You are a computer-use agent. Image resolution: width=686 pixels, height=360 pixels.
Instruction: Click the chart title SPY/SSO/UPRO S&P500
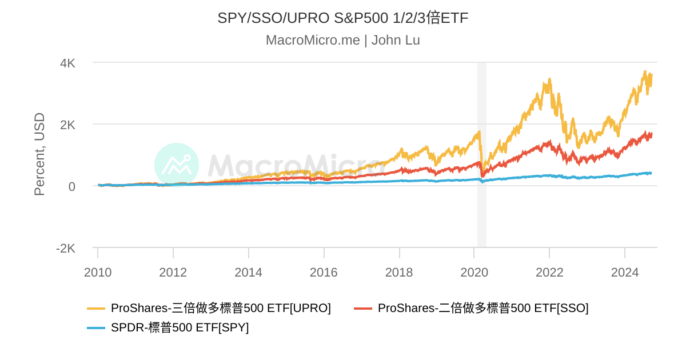[x=342, y=18]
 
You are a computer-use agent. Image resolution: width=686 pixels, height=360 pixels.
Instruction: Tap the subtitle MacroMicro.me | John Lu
[x=342, y=41]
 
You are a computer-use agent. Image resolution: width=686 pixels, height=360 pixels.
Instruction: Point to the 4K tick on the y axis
[x=67, y=63]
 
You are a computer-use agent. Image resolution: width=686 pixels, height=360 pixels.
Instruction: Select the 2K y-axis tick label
[x=67, y=125]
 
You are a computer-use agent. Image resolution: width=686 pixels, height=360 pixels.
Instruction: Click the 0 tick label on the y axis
[x=71, y=186]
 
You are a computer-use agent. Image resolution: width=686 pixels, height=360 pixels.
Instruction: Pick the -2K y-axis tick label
[x=65, y=248]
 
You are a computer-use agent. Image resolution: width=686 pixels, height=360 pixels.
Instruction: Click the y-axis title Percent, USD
[x=39, y=154]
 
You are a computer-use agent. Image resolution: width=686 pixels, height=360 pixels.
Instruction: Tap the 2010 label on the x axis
[x=98, y=272]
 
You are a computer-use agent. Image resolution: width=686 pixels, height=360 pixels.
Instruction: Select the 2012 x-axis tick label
[x=173, y=272]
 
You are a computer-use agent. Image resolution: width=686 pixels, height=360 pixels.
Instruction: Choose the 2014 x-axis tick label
[x=249, y=272]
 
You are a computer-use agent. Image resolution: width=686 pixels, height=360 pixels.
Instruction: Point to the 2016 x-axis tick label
[x=324, y=272]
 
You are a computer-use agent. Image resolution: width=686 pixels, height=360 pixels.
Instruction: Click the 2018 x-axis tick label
[x=399, y=272]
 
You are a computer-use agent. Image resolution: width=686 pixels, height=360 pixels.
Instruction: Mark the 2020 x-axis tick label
[x=474, y=272]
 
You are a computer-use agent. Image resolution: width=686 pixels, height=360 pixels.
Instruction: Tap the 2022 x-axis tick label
[x=549, y=272]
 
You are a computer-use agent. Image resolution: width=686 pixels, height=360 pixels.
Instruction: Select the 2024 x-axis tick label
[x=625, y=272]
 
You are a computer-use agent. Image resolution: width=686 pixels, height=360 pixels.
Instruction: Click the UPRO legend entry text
[x=221, y=308]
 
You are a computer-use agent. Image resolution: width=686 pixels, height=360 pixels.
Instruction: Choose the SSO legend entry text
[x=483, y=308]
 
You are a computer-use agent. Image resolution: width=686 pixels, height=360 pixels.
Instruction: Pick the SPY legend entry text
[x=180, y=327]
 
